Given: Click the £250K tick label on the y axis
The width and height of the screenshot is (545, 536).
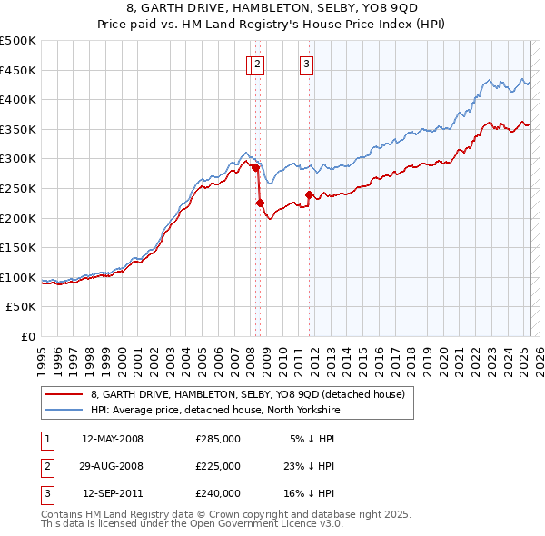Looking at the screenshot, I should coord(18,188).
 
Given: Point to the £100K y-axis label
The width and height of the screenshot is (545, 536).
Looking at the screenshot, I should coord(18,277).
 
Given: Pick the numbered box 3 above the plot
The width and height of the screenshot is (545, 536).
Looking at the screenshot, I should coord(307,64).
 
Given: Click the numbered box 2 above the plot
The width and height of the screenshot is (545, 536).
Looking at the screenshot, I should coord(258,64).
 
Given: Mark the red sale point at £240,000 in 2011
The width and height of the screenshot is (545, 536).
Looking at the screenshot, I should coord(310,194).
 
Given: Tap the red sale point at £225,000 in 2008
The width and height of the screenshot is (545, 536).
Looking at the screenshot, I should coord(261,203).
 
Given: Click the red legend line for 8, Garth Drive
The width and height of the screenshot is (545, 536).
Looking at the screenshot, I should coord(64,394).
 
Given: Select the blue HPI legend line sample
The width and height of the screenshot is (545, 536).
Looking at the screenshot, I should coord(64,410).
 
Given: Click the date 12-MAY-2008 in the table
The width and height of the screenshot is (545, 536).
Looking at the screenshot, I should coord(113,439).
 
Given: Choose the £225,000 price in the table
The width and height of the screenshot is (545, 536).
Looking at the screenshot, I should coord(218,466).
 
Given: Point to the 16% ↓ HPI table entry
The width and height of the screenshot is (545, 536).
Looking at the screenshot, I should coord(312,493).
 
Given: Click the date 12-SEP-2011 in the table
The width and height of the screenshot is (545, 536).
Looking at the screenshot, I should coord(113,493).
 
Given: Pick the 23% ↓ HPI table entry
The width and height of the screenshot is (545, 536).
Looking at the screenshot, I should coord(312,466).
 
